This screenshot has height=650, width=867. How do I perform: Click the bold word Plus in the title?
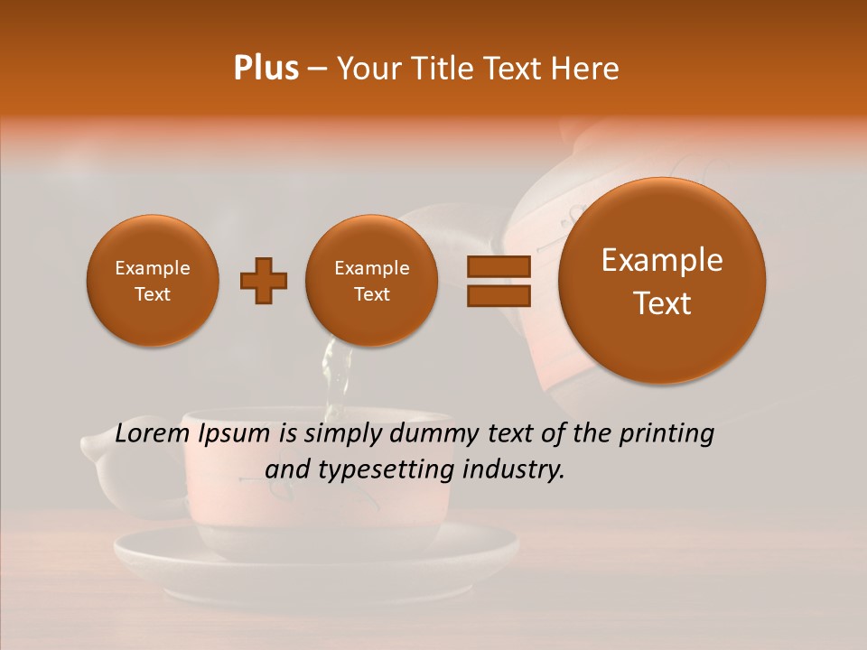266,69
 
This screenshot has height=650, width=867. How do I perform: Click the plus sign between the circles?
264,281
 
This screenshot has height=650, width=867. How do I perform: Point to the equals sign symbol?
499,281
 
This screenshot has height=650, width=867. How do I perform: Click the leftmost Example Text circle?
152,281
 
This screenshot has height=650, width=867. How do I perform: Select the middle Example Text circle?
371,281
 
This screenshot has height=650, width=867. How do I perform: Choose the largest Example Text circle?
662,281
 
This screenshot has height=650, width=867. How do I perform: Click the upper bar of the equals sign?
499,266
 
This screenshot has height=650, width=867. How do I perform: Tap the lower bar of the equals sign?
499,296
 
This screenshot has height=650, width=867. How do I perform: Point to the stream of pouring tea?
336,379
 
